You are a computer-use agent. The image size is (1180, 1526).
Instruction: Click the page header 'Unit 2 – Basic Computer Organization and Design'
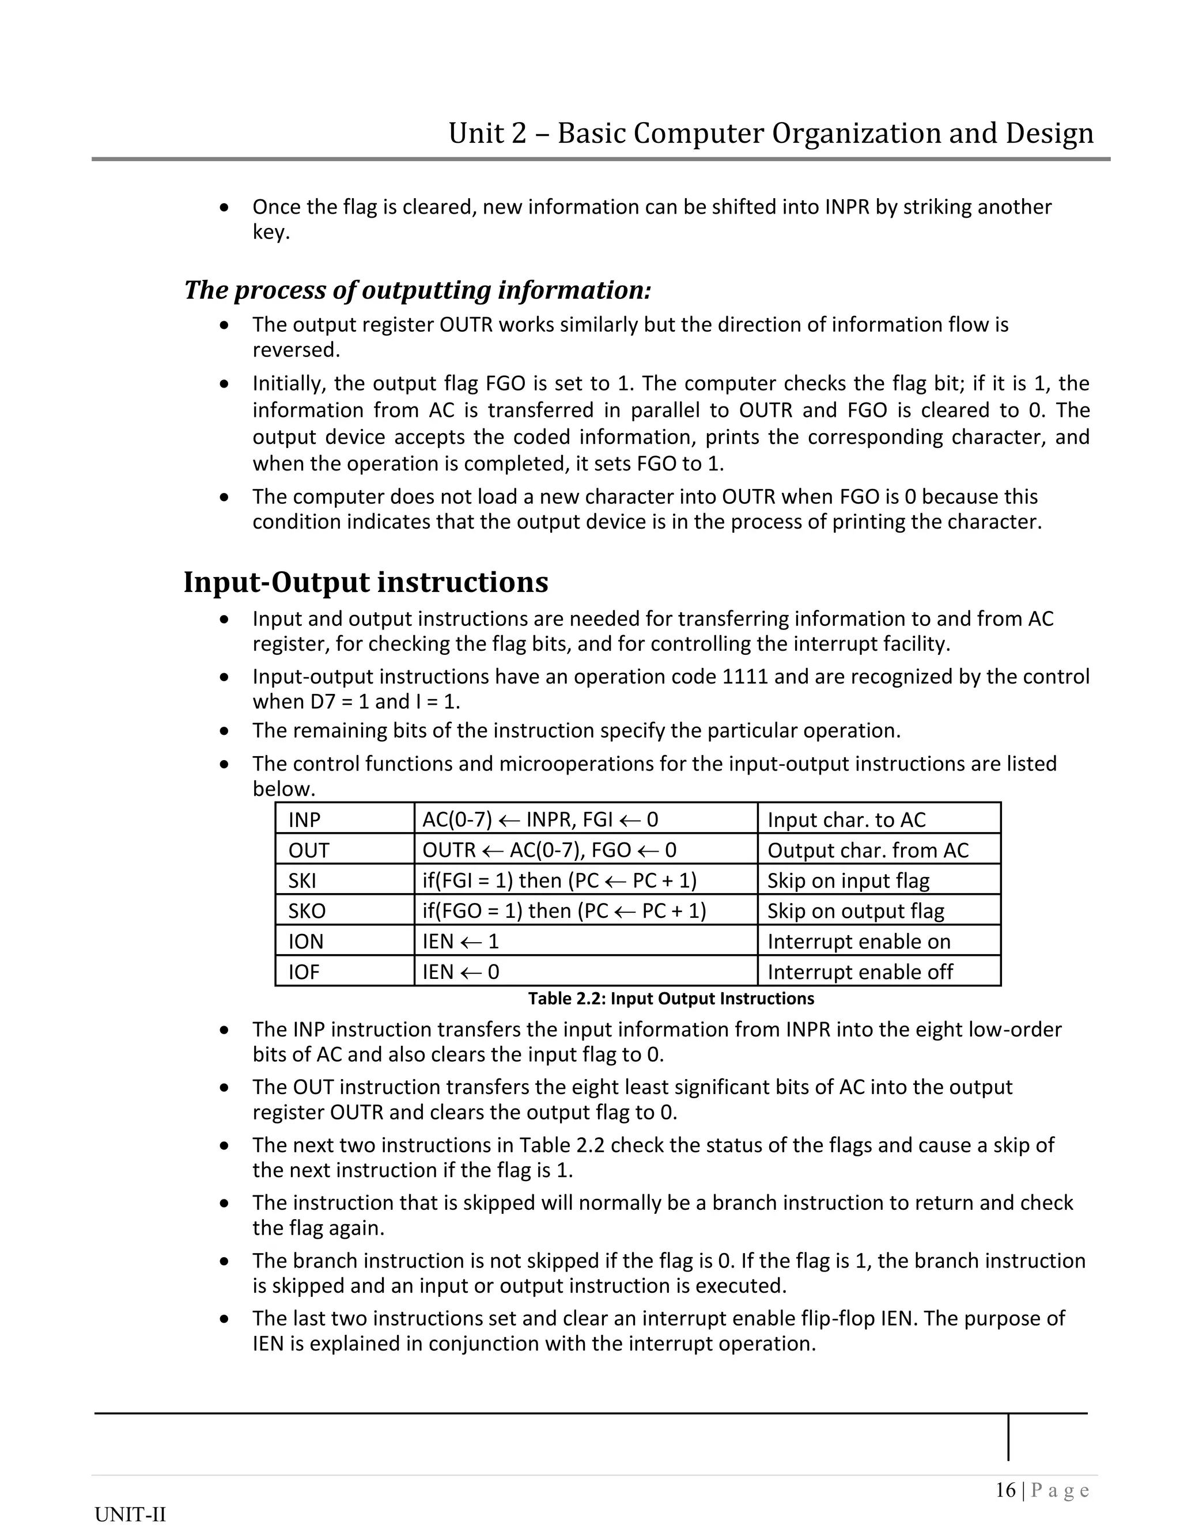click(x=770, y=133)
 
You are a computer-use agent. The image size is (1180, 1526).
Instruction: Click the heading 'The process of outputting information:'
click(x=417, y=290)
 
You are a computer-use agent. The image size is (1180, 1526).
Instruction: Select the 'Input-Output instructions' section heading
click(x=366, y=582)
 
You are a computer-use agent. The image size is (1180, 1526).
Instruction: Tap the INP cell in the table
click(x=304, y=819)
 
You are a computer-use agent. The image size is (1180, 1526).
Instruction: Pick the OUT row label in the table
click(x=308, y=851)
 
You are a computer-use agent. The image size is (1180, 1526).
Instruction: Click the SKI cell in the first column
click(x=302, y=880)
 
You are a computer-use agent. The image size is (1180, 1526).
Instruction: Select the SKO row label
click(x=307, y=911)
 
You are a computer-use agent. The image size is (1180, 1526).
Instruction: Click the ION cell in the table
click(x=305, y=941)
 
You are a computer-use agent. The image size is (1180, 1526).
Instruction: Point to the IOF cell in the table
click(x=304, y=972)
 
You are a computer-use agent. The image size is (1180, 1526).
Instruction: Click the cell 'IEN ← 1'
click(x=461, y=941)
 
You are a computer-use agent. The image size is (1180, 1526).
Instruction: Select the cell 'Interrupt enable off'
click(x=860, y=972)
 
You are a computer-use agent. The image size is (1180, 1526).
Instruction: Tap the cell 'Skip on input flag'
click(x=848, y=880)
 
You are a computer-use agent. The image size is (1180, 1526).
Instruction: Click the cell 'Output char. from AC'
click(x=868, y=851)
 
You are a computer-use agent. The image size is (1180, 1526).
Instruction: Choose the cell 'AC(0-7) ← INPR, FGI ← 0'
click(x=540, y=819)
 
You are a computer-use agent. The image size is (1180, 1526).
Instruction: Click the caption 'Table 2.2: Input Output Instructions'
click(x=671, y=999)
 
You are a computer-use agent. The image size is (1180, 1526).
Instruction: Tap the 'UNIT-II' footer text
click(x=130, y=1514)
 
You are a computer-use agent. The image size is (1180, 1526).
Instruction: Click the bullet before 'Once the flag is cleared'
click(x=224, y=207)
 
